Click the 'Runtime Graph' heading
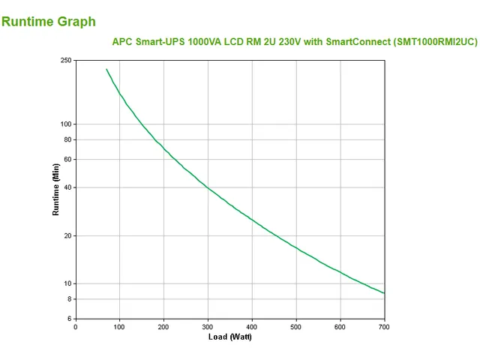(49, 21)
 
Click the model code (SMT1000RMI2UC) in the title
(434, 42)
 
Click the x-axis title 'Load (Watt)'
(230, 337)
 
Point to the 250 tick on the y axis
(66, 60)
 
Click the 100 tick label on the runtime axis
(66, 124)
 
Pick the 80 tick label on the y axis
(67, 139)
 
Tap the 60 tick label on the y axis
(67, 159)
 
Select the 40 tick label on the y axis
(67, 187)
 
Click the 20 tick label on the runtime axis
(67, 235)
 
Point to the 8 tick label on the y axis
(70, 299)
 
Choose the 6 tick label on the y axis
(70, 319)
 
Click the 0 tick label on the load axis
(75, 326)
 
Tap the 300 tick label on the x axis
(208, 326)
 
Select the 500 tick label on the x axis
(296, 326)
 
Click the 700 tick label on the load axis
(385, 326)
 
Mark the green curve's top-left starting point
(106, 69)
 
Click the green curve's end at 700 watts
(384, 293)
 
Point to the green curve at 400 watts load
(252, 220)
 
